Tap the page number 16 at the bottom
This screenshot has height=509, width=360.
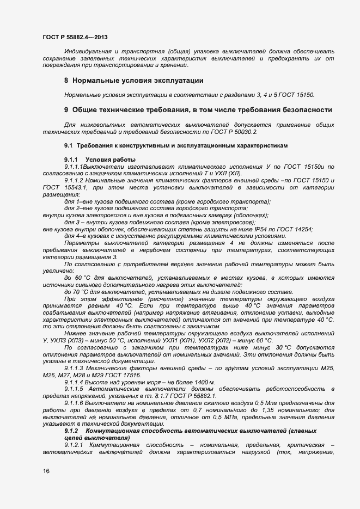(x=46, y=471)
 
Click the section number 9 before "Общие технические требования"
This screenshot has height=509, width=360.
(x=66, y=109)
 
